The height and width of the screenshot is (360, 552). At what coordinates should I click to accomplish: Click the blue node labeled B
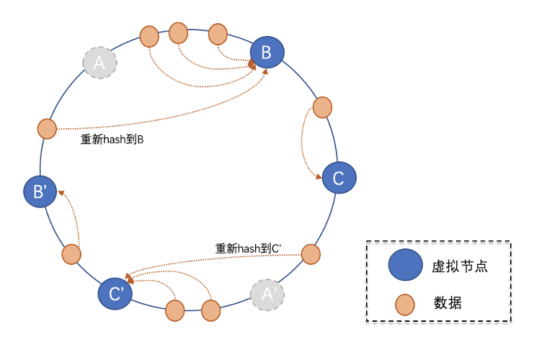[267, 51]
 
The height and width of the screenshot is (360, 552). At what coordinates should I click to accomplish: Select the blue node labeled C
[339, 176]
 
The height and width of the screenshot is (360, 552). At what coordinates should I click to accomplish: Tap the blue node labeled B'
[40, 192]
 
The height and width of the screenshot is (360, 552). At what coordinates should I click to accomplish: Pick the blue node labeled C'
[115, 293]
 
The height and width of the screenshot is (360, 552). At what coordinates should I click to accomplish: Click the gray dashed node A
[99, 63]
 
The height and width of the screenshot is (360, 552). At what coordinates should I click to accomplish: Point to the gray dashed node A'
[267, 294]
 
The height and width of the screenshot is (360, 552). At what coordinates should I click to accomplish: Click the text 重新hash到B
[112, 140]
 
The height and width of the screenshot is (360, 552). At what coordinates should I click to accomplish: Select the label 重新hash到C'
[248, 248]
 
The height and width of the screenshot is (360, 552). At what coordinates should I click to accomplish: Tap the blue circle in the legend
[406, 266]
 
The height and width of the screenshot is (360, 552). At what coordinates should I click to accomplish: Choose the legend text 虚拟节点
[461, 266]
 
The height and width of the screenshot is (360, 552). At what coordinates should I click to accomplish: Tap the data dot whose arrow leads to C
[322, 107]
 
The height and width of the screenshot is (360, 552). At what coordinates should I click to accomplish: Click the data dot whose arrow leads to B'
[71, 253]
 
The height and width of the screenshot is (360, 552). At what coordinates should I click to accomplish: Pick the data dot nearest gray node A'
[210, 310]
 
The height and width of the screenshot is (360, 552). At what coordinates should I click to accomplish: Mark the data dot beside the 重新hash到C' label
[311, 253]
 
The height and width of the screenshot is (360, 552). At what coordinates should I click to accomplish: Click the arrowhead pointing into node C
[319, 177]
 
